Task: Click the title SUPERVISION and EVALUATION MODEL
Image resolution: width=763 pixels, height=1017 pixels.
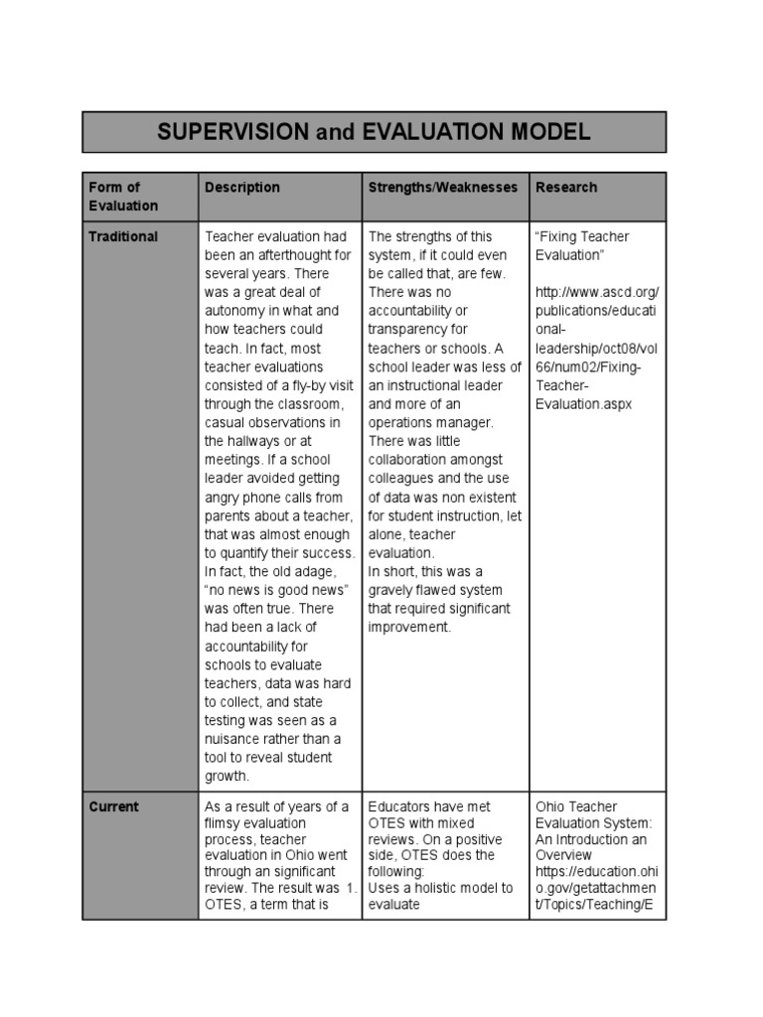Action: click(x=374, y=131)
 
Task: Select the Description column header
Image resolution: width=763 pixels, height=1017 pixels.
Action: click(x=242, y=187)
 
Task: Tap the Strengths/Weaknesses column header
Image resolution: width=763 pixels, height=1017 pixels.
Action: click(x=443, y=187)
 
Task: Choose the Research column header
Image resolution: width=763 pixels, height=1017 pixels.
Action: click(x=566, y=187)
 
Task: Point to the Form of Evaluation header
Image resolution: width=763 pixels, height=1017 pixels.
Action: click(x=123, y=196)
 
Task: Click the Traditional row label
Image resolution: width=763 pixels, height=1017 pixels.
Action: click(x=123, y=236)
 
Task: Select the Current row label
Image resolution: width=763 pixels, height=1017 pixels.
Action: click(x=113, y=806)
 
